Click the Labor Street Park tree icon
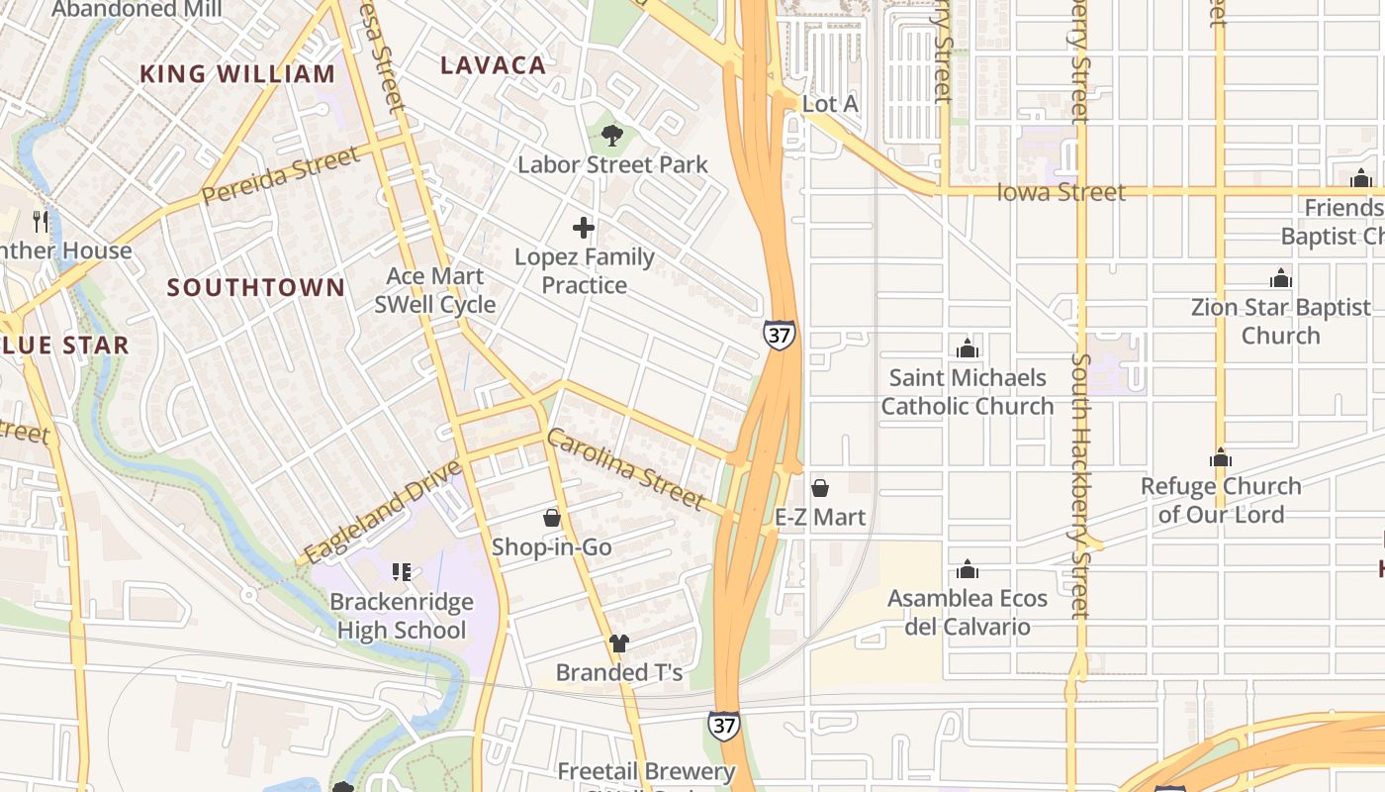[612, 135]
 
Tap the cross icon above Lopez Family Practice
[584, 229]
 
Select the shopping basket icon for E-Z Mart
[820, 488]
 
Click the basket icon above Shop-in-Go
[552, 518]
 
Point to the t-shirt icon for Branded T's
[619, 643]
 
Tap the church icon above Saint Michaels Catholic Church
[968, 348]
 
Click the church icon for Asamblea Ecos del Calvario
[968, 569]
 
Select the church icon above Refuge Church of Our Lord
[1221, 457]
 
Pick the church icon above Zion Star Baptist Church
[1281, 278]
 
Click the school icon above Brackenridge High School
[401, 572]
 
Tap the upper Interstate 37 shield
[779, 335]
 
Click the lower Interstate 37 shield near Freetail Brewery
[723, 725]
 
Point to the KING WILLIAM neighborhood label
[237, 74]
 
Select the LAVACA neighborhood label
[493, 65]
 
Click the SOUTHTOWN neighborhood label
[256, 288]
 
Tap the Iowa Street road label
[1061, 192]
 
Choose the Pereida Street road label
[281, 175]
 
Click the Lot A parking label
[830, 104]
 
